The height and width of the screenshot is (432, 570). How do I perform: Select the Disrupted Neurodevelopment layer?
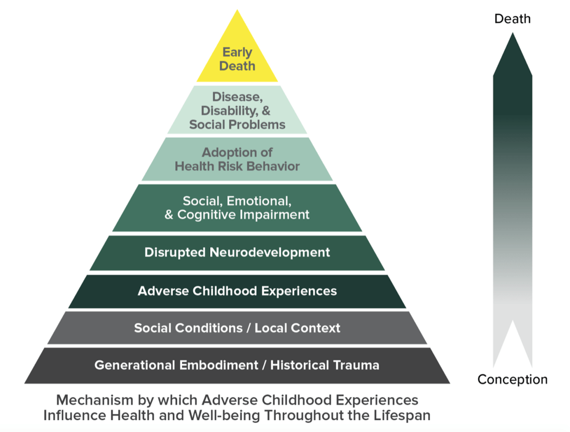pos(237,253)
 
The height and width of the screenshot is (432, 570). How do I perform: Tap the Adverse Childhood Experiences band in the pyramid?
pos(237,291)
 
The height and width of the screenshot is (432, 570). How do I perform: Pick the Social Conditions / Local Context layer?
pos(237,328)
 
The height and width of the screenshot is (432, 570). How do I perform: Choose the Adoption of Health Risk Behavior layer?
pos(237,159)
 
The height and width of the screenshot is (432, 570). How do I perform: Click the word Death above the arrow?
pos(512,19)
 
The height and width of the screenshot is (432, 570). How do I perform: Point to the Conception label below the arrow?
pos(513,380)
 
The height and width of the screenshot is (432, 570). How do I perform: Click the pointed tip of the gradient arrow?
pos(513,33)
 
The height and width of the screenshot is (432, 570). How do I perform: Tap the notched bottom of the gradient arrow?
pos(513,320)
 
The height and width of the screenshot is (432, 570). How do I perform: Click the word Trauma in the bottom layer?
pos(356,365)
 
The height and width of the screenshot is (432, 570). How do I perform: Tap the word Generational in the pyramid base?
pos(135,365)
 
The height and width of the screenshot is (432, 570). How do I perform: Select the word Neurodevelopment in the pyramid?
pos(269,253)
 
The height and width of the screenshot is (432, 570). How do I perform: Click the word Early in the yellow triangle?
pos(237,53)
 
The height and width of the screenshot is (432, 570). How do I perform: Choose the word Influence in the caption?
pos(75,415)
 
